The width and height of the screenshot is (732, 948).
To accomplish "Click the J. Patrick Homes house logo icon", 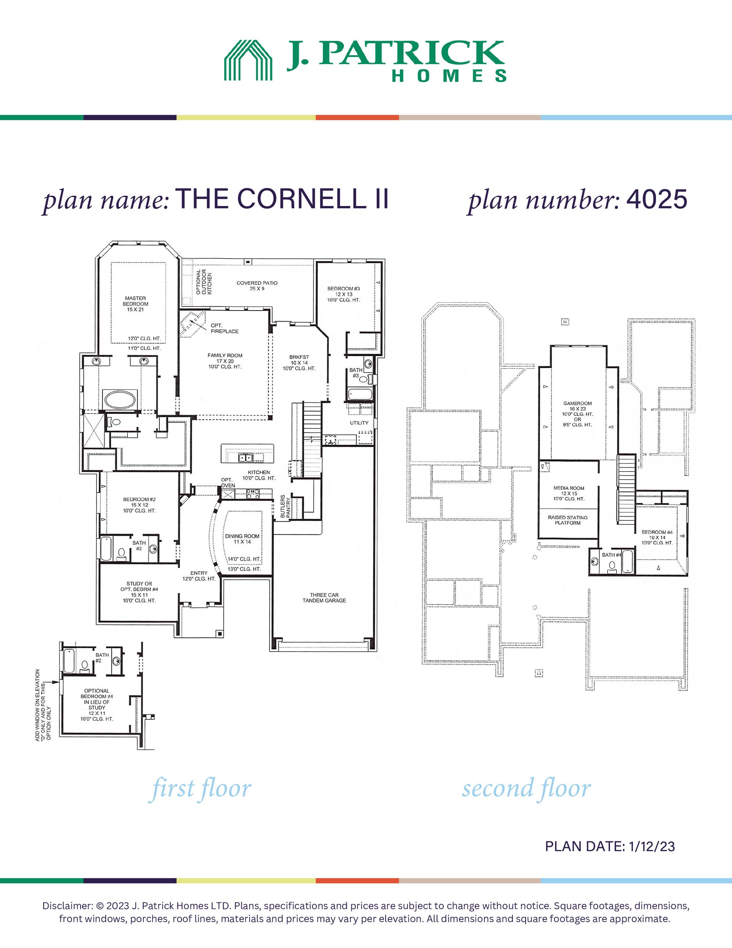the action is (248, 60).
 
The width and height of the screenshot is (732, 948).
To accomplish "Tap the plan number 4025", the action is (657, 199).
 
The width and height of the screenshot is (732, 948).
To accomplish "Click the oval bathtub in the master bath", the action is (120, 399).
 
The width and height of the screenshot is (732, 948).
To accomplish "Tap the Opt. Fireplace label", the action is (224, 328).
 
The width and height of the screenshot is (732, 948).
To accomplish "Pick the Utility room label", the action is (359, 423).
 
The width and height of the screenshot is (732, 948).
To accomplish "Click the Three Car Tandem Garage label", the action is (324, 598).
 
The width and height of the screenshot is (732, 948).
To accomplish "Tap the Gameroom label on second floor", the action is (578, 403).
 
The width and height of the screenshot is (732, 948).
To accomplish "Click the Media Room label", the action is (569, 488).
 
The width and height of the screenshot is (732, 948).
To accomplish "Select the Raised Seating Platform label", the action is (568, 520).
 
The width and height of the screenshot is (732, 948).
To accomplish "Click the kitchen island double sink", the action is (245, 457).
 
